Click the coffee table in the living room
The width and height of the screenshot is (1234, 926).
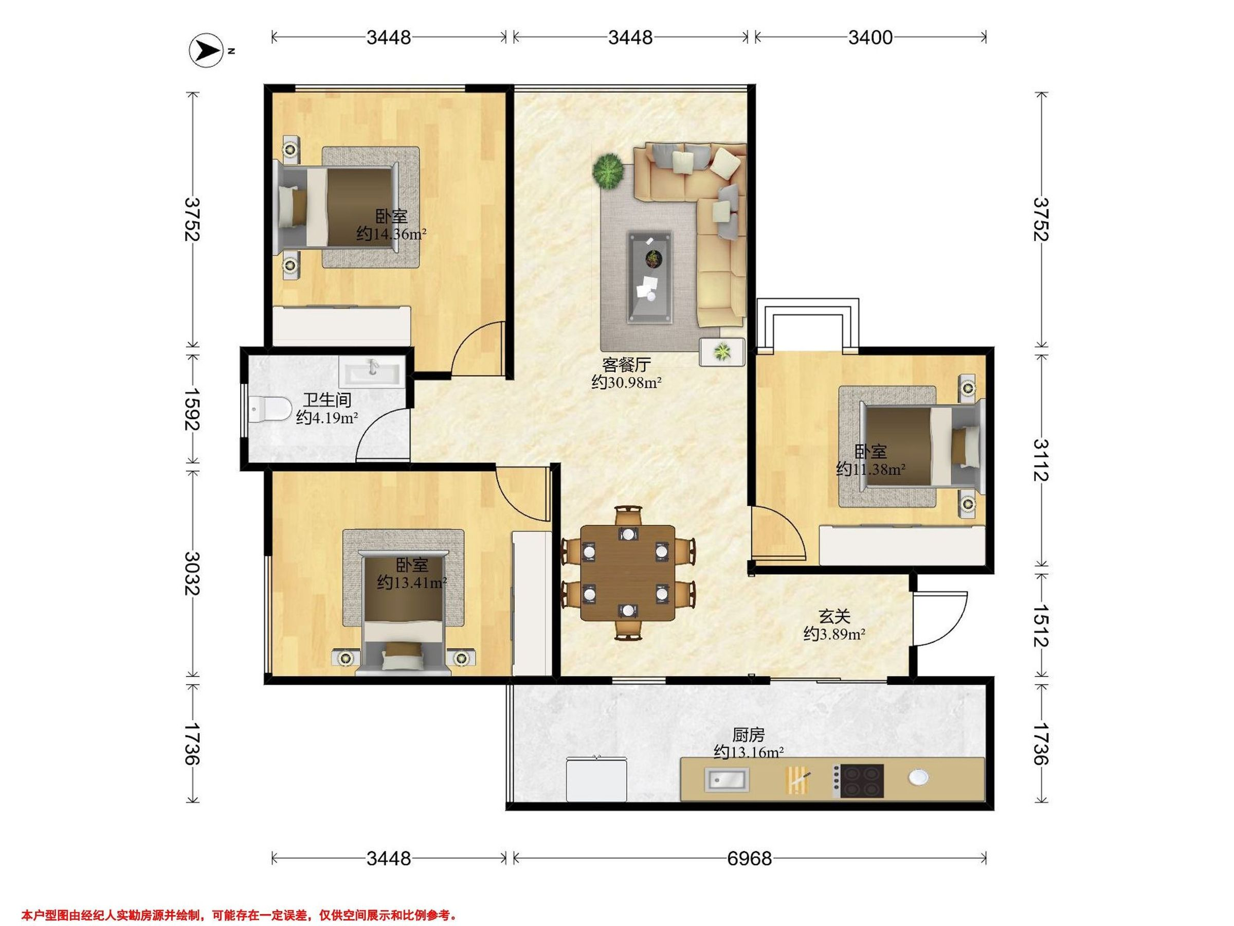pos(649,277)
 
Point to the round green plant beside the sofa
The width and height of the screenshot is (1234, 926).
pos(608,171)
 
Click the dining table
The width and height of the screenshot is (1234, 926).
pos(628,573)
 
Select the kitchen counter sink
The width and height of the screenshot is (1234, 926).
pos(727,779)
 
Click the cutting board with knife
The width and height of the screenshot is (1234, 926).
pos(797,780)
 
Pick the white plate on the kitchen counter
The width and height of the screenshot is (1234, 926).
pos(918,777)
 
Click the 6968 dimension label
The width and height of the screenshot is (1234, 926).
pos(749,858)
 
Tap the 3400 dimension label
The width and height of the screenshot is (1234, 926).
pos(870,38)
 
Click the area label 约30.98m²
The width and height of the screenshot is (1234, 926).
pos(626,382)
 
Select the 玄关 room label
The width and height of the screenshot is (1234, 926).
pos(834,616)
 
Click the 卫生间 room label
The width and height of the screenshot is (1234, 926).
pos(327,400)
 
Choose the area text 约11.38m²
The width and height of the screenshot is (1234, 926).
pos(870,469)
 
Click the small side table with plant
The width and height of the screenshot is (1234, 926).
pos(722,352)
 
